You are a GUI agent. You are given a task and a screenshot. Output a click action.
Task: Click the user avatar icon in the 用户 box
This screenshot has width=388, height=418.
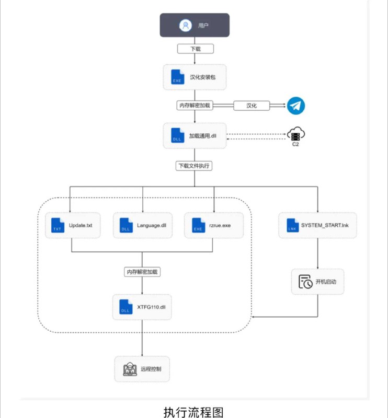[186, 26]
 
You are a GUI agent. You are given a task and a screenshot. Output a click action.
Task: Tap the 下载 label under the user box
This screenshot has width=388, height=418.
[196, 49]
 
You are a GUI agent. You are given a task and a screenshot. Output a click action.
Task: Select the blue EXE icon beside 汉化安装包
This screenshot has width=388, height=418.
[177, 77]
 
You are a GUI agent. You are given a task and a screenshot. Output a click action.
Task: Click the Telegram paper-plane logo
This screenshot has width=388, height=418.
[296, 106]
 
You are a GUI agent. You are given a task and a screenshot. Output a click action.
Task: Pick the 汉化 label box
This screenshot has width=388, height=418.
[252, 106]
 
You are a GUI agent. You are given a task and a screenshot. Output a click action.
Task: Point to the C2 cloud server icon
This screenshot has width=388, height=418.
[296, 134]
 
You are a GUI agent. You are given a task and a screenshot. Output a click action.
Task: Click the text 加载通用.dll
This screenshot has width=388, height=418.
[203, 136]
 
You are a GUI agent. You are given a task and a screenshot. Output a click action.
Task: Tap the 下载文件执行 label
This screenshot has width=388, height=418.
[194, 166]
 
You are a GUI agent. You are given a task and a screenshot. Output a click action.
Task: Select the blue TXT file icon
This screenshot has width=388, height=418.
[58, 225]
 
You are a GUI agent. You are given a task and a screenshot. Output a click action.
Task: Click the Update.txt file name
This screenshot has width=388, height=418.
[81, 226]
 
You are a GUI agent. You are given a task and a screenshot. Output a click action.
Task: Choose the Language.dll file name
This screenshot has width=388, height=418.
[152, 226]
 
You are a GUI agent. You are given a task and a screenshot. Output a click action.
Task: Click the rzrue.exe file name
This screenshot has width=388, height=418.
[220, 226]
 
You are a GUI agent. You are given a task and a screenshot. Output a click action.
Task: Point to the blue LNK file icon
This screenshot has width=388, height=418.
[293, 225]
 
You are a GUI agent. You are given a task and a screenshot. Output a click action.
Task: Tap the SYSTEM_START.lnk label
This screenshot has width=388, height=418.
[325, 225]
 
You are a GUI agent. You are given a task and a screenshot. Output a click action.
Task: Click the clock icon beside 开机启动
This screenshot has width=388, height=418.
[305, 282]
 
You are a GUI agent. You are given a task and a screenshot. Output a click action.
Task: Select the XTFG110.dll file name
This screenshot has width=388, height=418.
[151, 307]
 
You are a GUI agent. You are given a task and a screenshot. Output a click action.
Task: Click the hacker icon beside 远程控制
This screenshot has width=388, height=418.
[130, 369]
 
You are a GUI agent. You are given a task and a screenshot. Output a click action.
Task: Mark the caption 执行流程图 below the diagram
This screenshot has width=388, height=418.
[193, 412]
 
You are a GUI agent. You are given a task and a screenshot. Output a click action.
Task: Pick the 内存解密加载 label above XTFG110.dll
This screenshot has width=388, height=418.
[142, 272]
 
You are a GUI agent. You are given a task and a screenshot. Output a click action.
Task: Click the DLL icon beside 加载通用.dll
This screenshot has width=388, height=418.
[177, 135]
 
